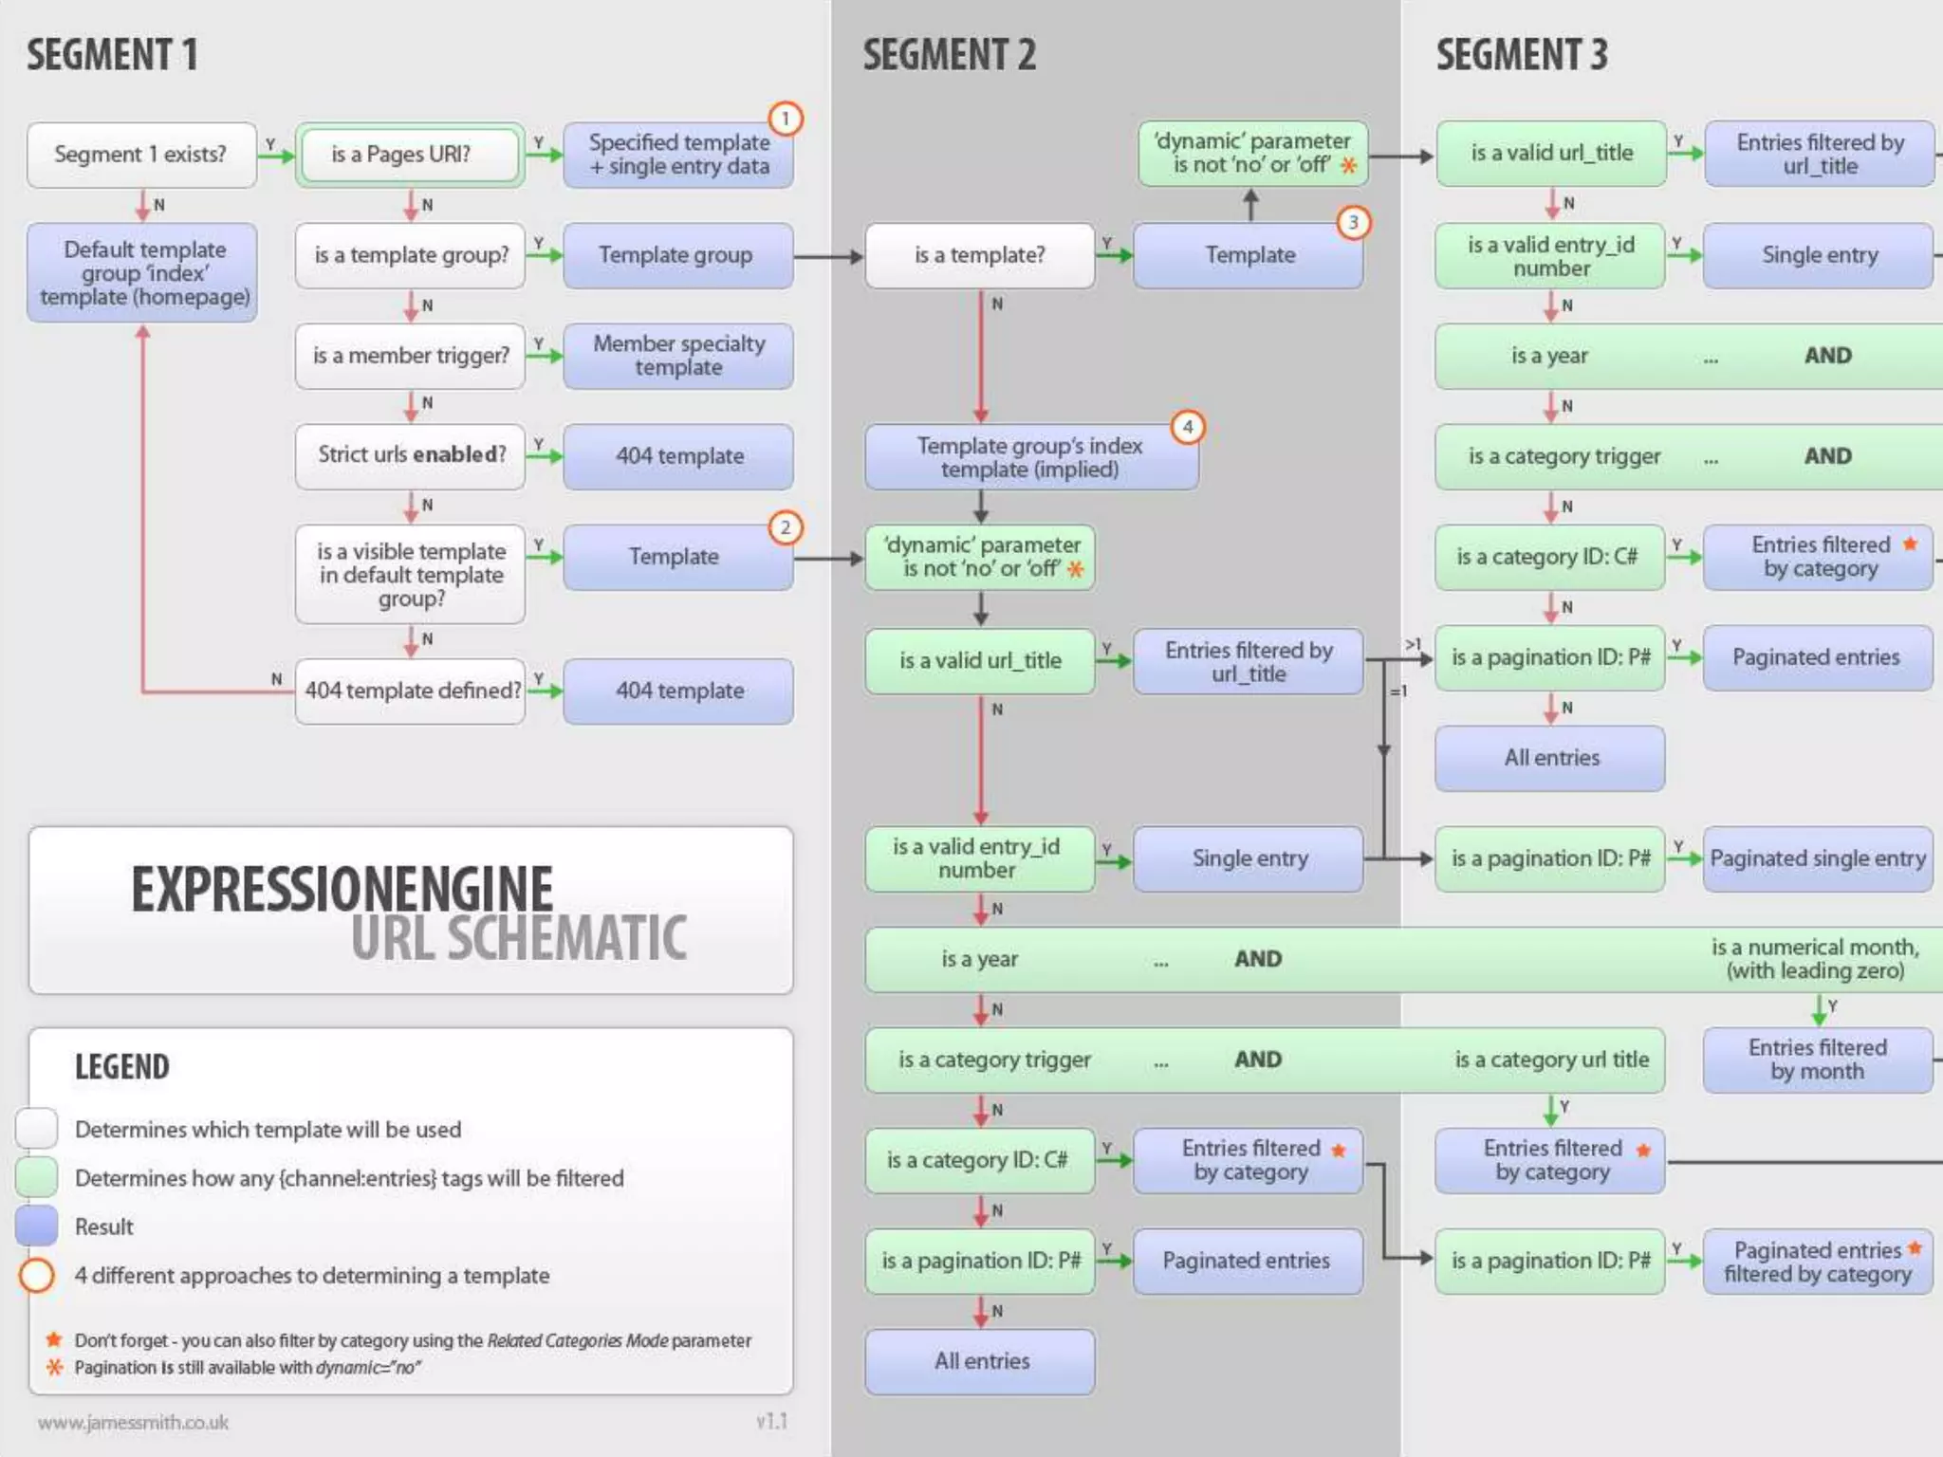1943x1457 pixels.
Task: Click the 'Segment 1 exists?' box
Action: point(141,155)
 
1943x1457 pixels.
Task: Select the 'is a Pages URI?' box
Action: point(410,155)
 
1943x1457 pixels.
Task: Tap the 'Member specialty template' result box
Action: point(678,356)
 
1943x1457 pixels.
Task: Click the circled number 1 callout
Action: point(785,120)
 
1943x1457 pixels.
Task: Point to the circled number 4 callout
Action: point(1187,428)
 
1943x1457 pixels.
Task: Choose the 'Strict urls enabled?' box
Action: point(410,455)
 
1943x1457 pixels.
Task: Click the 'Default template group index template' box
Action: point(142,273)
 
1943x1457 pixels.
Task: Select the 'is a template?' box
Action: point(979,255)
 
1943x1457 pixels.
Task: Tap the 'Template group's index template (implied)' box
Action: point(1030,457)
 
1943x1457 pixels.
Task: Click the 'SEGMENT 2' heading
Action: point(949,55)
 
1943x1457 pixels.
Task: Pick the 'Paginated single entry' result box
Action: point(1818,858)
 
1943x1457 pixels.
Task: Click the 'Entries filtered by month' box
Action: point(1818,1060)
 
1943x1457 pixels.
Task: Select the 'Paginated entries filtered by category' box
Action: point(1818,1262)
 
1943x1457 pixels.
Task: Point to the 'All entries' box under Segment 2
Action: point(981,1361)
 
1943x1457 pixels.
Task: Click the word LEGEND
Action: point(121,1067)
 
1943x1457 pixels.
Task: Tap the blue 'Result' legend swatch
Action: point(37,1226)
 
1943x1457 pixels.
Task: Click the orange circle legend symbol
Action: point(37,1276)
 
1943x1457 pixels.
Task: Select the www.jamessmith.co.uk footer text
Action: point(133,1422)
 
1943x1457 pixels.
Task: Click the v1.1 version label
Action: point(771,1421)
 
